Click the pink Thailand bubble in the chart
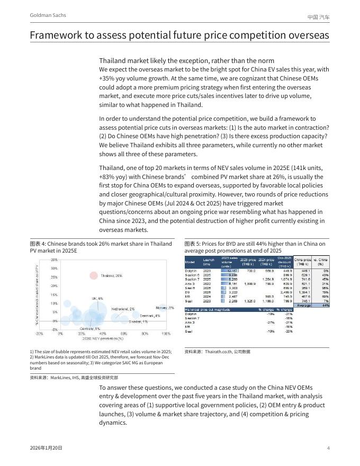click(94, 275)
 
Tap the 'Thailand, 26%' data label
click(112, 275)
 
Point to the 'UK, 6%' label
click(97, 299)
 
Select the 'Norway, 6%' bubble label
click(165, 308)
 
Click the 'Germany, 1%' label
click(90, 329)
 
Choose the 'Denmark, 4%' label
click(150, 316)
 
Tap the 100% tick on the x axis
click(166, 334)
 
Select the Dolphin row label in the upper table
click(191, 271)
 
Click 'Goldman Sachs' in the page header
click(48, 15)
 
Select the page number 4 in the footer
click(328, 449)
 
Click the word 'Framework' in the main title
click(57, 35)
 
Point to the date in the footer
click(46, 449)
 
